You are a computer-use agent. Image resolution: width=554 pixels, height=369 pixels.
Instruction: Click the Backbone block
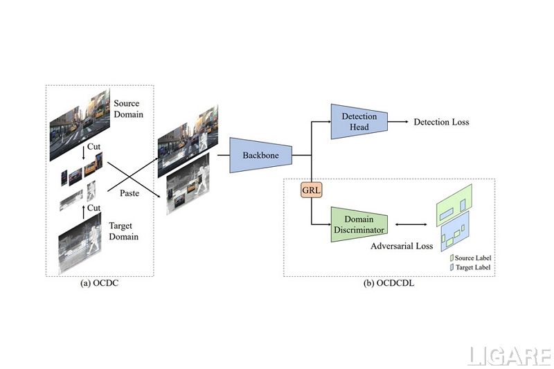[260, 155]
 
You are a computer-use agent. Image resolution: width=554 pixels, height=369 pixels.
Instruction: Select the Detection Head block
[359, 122]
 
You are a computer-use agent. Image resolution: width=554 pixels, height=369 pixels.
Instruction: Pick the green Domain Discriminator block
[358, 224]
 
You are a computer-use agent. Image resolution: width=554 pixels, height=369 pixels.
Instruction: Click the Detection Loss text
[441, 123]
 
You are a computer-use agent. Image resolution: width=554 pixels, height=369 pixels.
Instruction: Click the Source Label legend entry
[471, 258]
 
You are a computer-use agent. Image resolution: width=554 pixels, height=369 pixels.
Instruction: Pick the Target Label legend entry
[471, 267]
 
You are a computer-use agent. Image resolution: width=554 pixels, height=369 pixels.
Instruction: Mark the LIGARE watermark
[508, 356]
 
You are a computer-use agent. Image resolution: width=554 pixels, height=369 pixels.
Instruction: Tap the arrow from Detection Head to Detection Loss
[397, 123]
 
